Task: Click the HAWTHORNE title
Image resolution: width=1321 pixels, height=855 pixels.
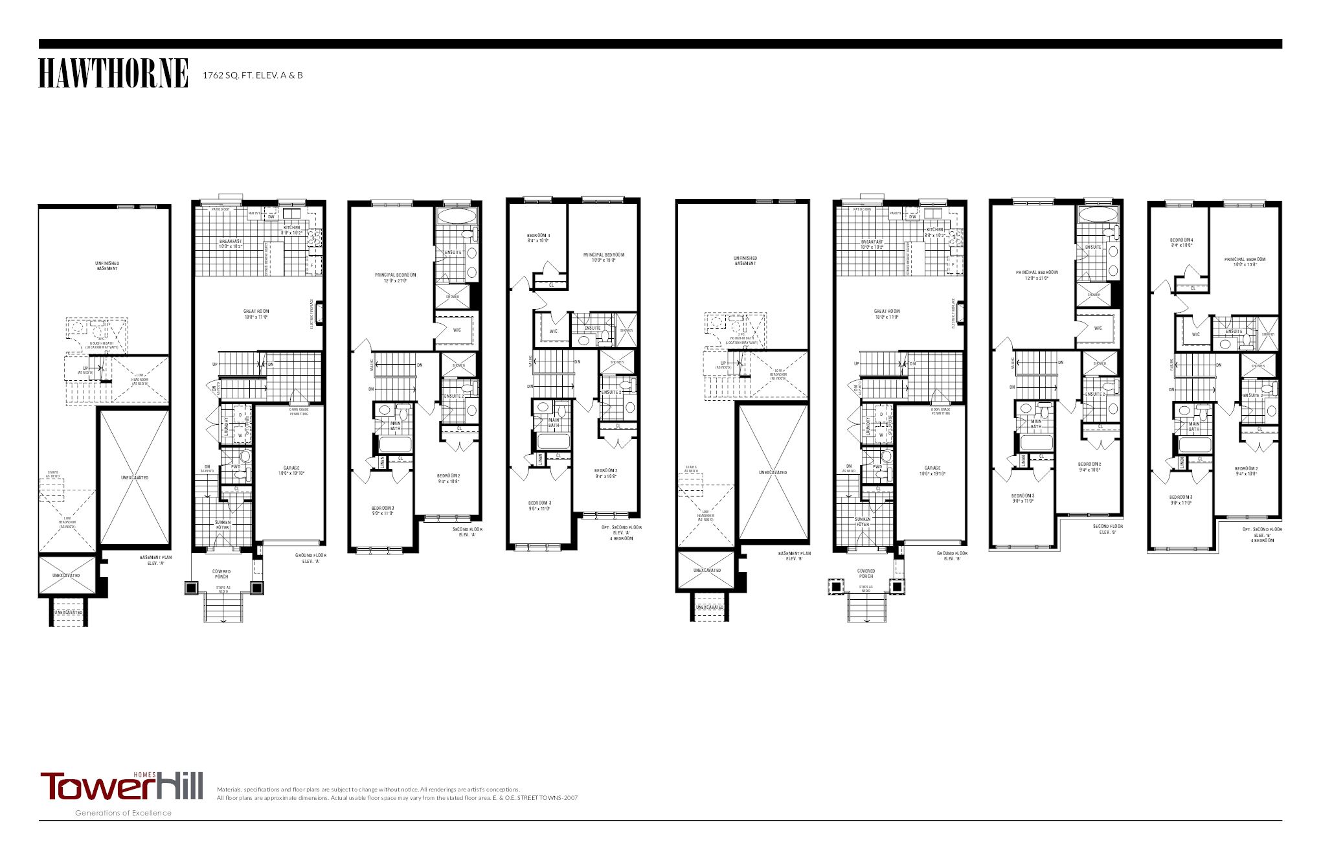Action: (113, 73)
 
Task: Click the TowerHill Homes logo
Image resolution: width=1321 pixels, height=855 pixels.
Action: (122, 786)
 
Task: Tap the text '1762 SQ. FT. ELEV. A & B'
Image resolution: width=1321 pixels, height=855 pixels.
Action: (253, 75)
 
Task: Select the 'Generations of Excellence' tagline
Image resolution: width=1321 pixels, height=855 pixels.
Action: (123, 813)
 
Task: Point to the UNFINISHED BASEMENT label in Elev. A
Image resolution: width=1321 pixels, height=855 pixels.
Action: (107, 266)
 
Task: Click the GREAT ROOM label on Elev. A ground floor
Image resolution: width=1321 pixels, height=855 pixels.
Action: (256, 314)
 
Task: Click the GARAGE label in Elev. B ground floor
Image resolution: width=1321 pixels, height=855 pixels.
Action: (932, 470)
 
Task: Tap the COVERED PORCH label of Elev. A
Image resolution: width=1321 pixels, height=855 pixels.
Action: (221, 574)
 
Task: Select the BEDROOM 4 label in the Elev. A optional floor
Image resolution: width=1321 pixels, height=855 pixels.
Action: (538, 238)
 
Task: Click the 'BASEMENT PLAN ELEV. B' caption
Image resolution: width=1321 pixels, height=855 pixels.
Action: (795, 556)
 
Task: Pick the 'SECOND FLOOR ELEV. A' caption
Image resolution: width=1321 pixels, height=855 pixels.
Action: (467, 532)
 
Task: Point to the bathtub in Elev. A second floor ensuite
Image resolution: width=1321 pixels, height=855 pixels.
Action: (456, 216)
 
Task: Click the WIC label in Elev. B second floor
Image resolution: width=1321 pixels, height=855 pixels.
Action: (1098, 328)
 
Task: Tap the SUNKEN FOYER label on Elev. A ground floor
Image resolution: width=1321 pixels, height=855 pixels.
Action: (222, 525)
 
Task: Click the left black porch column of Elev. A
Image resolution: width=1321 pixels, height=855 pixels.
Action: (192, 587)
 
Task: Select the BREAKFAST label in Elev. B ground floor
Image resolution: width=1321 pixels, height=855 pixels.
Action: (872, 244)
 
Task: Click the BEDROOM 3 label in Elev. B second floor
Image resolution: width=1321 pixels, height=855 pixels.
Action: (1024, 498)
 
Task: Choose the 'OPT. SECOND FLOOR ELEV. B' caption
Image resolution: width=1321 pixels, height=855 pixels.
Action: (1262, 534)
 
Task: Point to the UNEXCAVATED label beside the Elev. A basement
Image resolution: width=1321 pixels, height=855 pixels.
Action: (135, 477)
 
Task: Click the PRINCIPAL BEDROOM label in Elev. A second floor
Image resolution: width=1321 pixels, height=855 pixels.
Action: (395, 277)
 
